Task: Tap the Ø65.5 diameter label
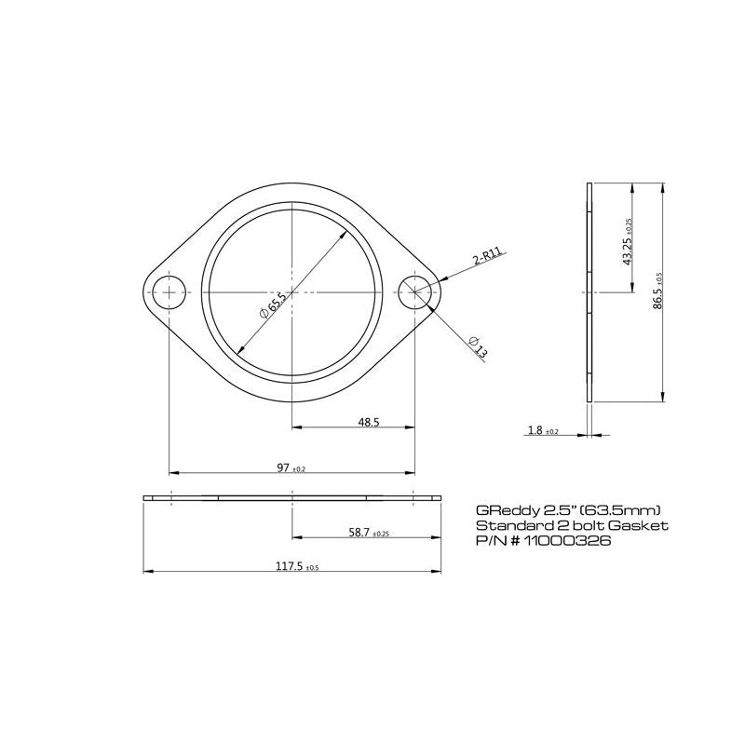click(x=272, y=305)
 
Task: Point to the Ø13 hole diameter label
click(x=478, y=346)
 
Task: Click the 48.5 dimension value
click(x=369, y=422)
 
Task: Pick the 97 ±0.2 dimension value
click(x=291, y=468)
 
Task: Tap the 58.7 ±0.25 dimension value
click(x=369, y=533)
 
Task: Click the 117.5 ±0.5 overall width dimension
click(x=297, y=566)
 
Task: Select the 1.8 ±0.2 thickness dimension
click(x=543, y=430)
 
